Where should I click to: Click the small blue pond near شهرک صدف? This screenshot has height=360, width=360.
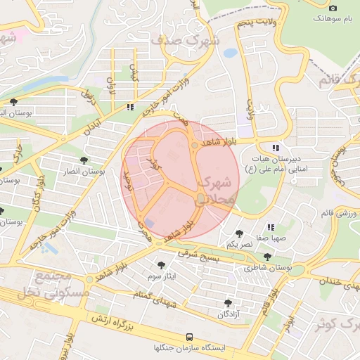coord(230,53)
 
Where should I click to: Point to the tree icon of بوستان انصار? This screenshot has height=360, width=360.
coord(84,160)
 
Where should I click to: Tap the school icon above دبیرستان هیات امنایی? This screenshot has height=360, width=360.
coord(276,148)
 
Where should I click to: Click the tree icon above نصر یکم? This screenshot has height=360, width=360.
coord(239,233)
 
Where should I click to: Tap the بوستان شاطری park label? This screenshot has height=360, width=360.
coord(267,268)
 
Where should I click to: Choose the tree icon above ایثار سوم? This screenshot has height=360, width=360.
coord(162,265)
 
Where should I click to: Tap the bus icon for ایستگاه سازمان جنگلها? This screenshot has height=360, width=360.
coord(188,337)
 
